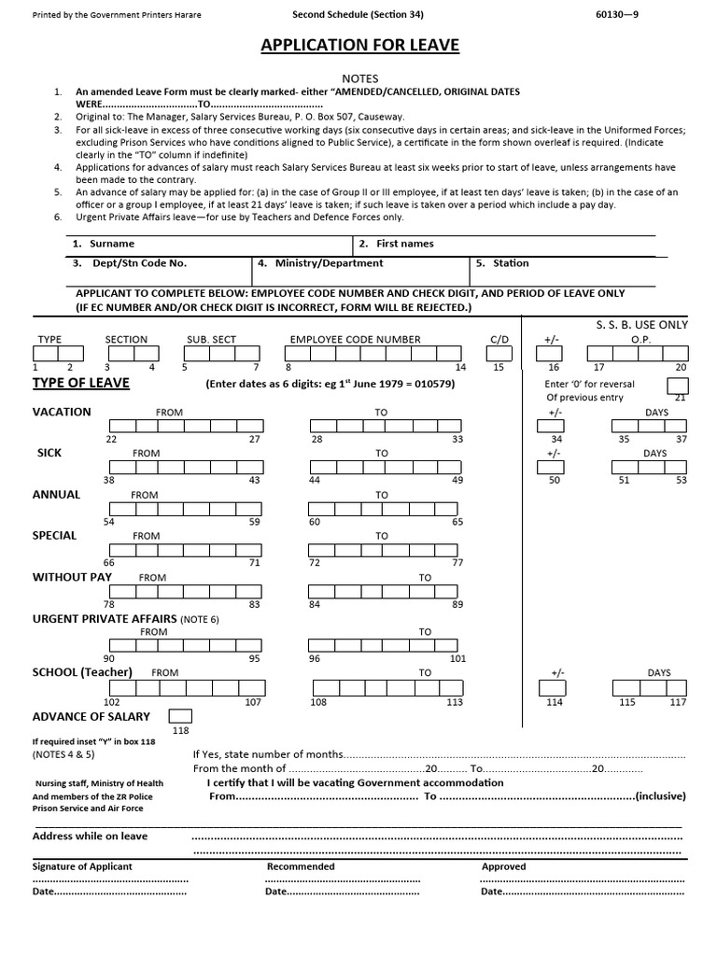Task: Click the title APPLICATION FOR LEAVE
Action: tap(359, 46)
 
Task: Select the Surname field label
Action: tap(111, 244)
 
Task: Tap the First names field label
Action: tap(404, 244)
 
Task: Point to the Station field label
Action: tap(511, 263)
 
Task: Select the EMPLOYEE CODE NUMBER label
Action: tap(355, 340)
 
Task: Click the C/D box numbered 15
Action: tap(499, 354)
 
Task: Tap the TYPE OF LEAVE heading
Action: tap(81, 384)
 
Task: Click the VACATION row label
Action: tap(62, 412)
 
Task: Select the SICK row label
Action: tap(49, 453)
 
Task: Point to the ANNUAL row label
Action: tap(57, 494)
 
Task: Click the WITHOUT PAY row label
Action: tap(72, 577)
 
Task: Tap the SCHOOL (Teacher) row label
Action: tap(82, 672)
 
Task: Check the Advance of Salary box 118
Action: tap(180, 716)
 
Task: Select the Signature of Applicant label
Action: tap(82, 866)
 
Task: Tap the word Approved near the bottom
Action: tap(503, 866)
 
